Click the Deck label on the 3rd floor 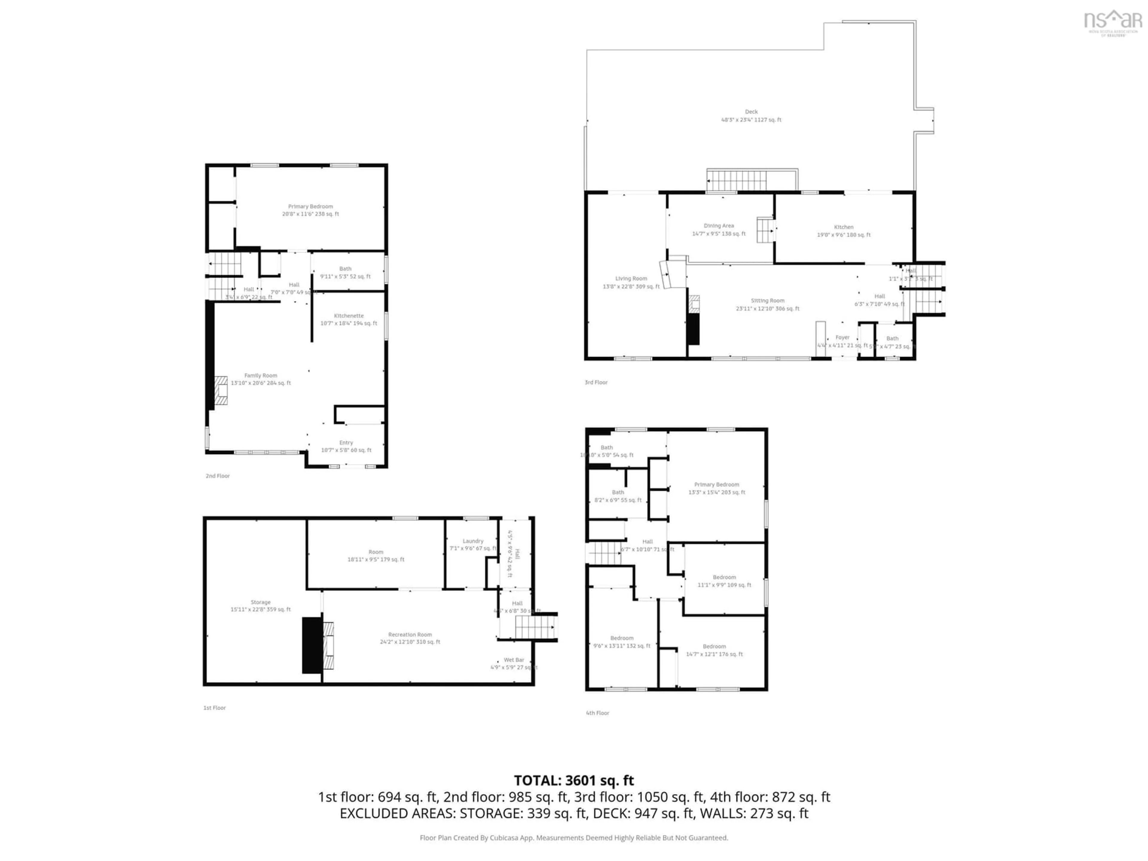[751, 112]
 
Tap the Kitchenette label [349, 315]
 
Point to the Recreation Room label [410, 634]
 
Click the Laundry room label [473, 541]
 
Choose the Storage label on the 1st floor [260, 602]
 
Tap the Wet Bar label [514, 660]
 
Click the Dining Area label [719, 226]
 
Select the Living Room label [631, 279]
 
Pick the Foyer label [842, 337]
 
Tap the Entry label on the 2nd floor [346, 443]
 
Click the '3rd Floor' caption [596, 382]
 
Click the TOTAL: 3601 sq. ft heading [573, 781]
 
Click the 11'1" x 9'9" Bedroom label [724, 577]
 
